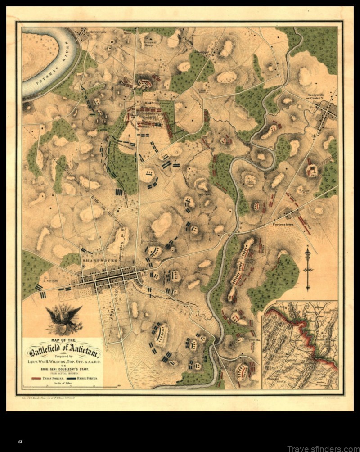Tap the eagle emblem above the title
[x=64, y=318]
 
